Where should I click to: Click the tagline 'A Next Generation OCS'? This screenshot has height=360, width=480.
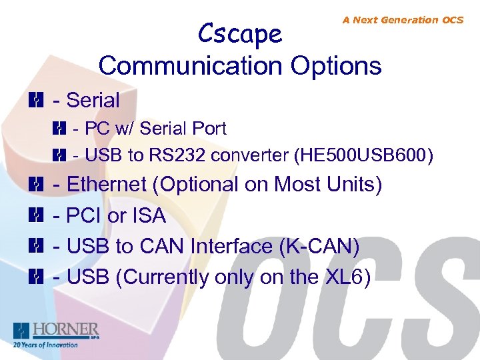click(403, 20)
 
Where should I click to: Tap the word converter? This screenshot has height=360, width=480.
click(251, 156)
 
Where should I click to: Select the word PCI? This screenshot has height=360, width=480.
click(85, 215)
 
